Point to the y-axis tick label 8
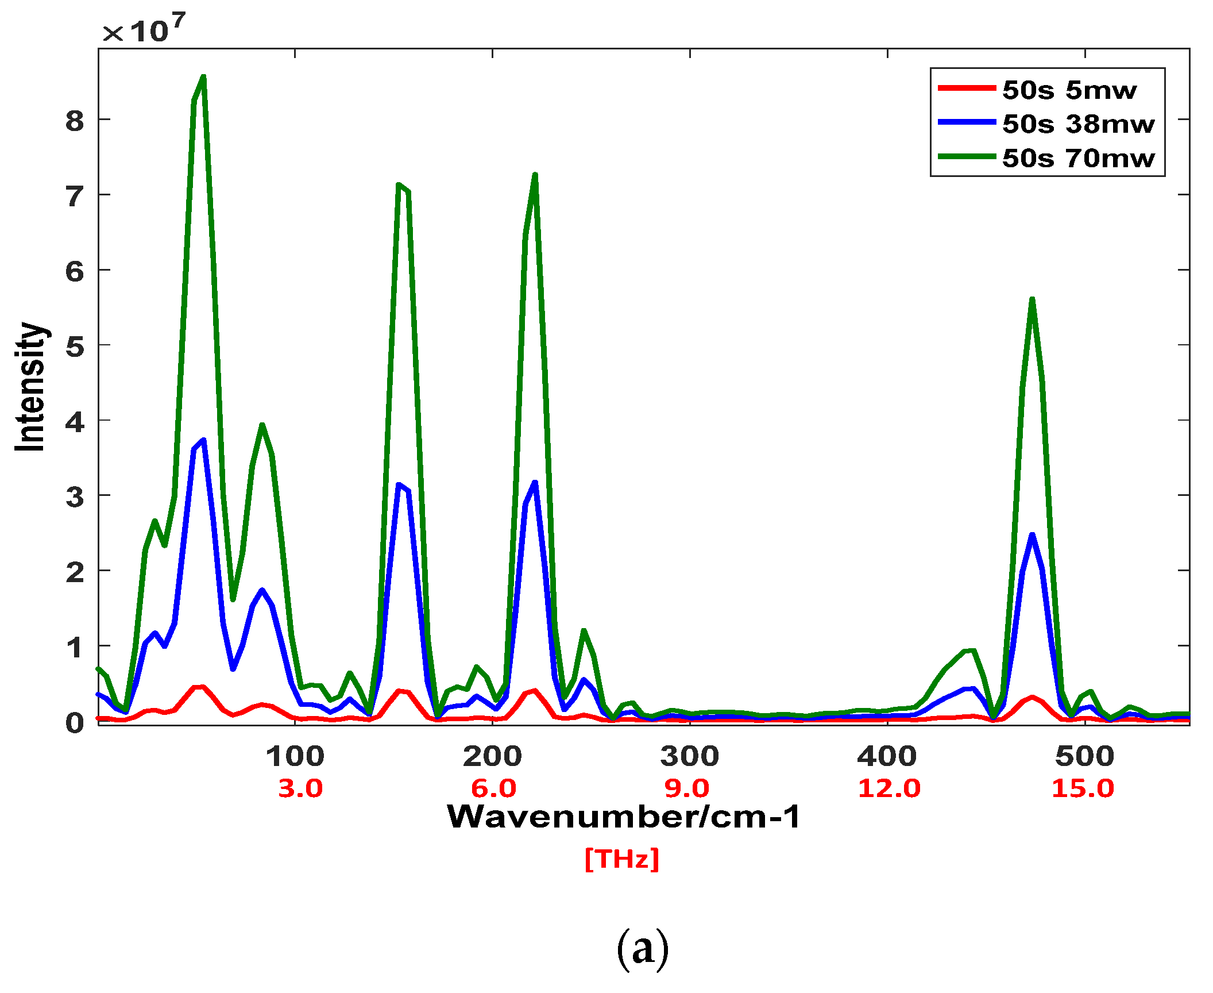tap(75, 121)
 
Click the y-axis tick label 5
tap(75, 347)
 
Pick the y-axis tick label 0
tap(75, 723)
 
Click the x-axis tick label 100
tap(295, 756)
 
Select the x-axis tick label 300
tap(689, 756)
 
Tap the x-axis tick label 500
tap(1084, 756)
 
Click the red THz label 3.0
tap(300, 788)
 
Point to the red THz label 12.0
tap(888, 788)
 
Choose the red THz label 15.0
tap(1083, 788)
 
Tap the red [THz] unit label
tap(621, 859)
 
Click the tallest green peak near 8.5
tap(203, 77)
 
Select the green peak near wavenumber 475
tap(1032, 299)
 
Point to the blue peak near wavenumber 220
tap(535, 482)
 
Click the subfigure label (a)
tap(642, 949)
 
